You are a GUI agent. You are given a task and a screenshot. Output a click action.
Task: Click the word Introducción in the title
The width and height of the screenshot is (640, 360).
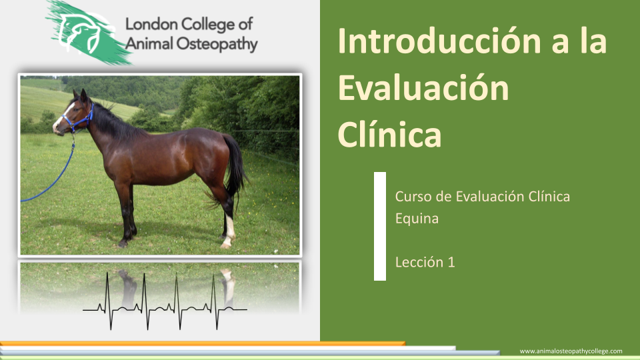[x=439, y=41]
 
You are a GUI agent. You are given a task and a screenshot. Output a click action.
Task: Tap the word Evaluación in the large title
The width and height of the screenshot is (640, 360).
[x=423, y=87]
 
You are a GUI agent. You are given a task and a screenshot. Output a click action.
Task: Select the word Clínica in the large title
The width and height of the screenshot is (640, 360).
[x=389, y=134]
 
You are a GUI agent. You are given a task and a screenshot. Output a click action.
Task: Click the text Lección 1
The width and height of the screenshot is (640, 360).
[x=425, y=262]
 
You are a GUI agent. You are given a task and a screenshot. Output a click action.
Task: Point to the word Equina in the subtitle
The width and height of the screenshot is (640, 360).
[x=417, y=219]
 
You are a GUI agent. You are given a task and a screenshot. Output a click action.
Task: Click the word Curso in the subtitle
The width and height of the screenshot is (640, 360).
[x=413, y=197]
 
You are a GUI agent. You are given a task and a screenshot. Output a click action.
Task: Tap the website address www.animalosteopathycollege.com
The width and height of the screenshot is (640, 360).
[x=571, y=351]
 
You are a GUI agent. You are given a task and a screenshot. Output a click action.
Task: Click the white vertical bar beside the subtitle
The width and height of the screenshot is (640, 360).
[x=380, y=226]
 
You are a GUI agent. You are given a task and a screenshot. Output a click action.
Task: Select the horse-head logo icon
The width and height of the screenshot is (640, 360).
[x=84, y=33]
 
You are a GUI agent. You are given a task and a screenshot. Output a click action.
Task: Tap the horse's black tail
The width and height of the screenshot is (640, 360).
[x=236, y=167]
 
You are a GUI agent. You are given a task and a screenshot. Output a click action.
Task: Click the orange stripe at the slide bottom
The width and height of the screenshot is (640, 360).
[x=203, y=344]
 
